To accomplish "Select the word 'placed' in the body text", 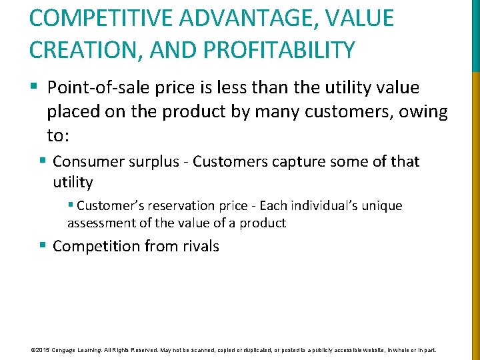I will (75, 112).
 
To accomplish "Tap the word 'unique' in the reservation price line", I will (381, 206).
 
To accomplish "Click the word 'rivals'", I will (198, 246).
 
